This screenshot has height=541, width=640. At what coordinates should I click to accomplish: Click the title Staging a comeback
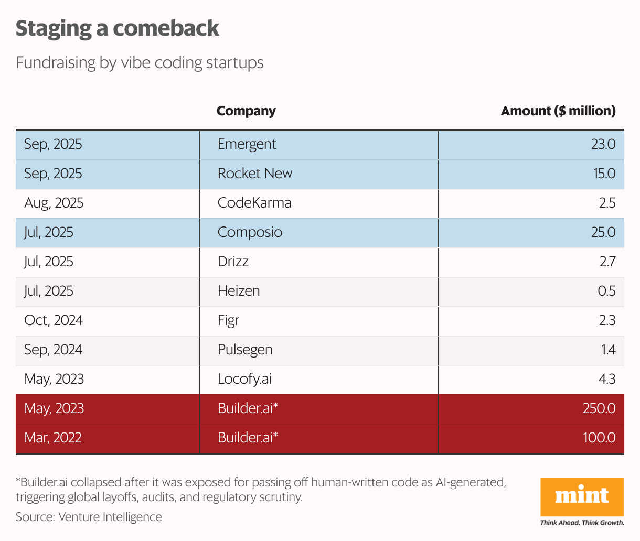tap(117, 28)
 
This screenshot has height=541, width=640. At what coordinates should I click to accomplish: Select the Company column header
tap(246, 111)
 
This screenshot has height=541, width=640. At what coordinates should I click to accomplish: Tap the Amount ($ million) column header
tap(558, 111)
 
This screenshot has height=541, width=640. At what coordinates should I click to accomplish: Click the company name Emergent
tap(247, 144)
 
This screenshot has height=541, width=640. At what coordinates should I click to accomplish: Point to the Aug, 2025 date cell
tap(54, 203)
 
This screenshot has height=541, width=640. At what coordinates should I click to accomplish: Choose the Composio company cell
tap(250, 232)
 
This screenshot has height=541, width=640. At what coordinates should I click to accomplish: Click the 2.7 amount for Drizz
tap(607, 262)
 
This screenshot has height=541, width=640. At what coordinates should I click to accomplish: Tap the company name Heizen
tap(239, 291)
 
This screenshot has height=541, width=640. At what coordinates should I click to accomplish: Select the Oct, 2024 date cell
tap(53, 320)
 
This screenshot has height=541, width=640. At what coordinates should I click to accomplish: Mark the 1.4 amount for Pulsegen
tap(608, 350)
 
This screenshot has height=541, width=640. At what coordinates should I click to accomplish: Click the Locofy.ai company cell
tap(244, 379)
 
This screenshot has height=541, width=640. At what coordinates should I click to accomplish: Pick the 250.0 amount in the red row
tap(599, 408)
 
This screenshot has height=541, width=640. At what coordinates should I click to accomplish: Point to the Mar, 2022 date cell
tap(52, 438)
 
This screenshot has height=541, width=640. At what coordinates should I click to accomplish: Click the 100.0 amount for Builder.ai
tap(599, 438)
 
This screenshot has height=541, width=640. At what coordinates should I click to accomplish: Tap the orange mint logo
tap(582, 496)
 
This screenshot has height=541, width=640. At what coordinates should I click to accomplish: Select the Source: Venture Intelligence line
tap(89, 517)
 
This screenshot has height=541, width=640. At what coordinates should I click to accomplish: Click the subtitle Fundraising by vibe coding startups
tap(140, 63)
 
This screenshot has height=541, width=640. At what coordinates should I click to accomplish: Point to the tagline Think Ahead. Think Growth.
tap(582, 523)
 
